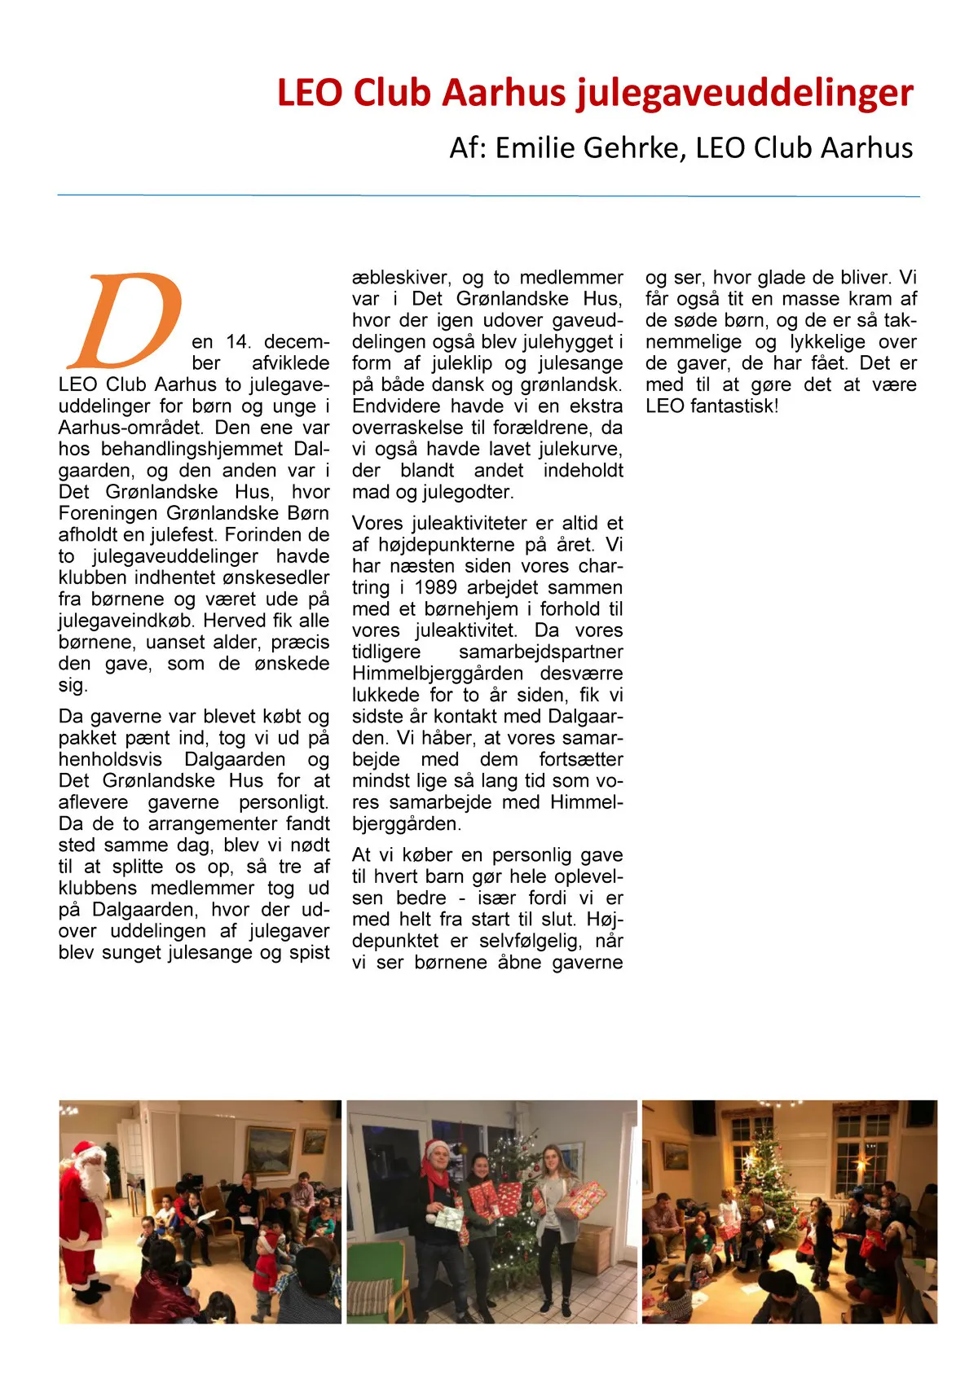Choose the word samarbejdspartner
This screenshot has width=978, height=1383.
coord(540,652)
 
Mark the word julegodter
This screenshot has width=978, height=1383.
coord(468,492)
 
